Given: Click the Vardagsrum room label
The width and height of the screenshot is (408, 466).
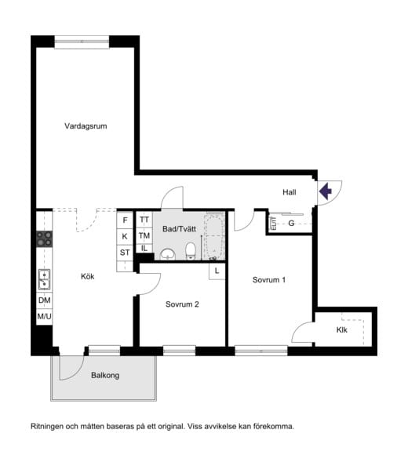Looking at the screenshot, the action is click(86, 126).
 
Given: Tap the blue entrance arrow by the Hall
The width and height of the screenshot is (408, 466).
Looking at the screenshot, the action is click(326, 191).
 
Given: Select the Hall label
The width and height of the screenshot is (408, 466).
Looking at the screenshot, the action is click(290, 192).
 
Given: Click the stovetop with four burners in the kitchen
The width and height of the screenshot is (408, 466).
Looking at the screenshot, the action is click(44, 239).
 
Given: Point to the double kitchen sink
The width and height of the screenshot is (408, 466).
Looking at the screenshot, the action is click(44, 279).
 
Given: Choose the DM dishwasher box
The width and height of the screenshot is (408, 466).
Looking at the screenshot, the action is click(44, 300).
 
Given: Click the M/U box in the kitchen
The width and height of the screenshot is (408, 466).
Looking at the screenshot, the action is click(44, 317).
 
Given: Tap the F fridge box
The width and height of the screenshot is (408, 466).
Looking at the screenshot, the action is click(125, 220).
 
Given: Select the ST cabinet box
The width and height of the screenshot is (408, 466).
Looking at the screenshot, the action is click(125, 253).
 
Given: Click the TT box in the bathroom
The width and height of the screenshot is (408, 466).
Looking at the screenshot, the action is click(144, 220).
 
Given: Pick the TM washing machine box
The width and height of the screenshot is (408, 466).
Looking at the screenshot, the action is click(144, 235).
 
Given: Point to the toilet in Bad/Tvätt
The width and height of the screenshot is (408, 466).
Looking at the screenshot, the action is click(191, 251).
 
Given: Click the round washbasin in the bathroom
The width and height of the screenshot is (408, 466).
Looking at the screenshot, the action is click(168, 254).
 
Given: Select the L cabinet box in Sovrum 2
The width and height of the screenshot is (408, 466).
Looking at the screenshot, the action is click(217, 271).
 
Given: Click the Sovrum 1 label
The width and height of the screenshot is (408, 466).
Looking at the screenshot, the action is click(269, 279).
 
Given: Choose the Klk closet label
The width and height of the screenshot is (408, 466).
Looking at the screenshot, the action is click(342, 329).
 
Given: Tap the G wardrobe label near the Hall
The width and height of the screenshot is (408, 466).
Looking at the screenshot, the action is click(291, 223).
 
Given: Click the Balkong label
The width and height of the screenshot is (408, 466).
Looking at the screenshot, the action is click(105, 375).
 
